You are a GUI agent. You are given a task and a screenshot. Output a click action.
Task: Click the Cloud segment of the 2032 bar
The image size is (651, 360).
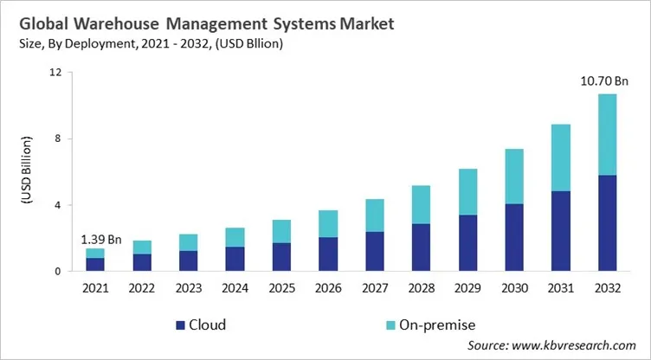tap(608, 223)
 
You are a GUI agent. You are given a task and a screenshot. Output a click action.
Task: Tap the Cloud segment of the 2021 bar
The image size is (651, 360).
tap(94, 265)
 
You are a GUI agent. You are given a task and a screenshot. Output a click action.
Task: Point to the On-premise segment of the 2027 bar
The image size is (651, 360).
tap(374, 215)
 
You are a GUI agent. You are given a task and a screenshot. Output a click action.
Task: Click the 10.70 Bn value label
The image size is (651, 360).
tap(603, 81)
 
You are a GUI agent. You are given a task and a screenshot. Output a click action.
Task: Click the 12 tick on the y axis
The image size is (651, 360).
tap(55, 72)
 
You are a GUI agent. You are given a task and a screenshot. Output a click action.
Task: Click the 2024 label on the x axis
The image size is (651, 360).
tap(235, 288)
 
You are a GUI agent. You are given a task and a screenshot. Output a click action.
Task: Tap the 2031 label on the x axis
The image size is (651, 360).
tap(561, 288)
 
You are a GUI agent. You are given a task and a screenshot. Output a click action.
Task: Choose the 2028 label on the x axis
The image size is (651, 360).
tap(421, 288)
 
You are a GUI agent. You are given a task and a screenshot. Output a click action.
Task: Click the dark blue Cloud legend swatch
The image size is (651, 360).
tap(180, 325)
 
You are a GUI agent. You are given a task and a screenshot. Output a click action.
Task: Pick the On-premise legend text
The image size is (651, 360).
tap(430, 325)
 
